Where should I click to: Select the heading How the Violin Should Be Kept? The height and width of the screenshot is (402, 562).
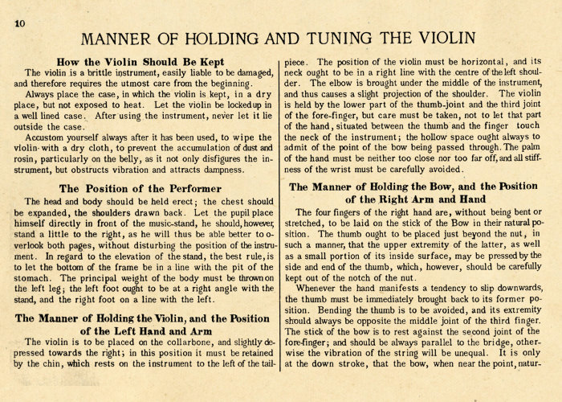click(x=141, y=60)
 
